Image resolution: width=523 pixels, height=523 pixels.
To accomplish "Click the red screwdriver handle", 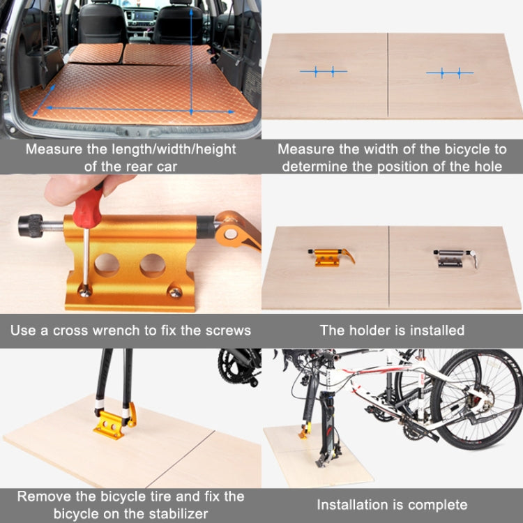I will pos(89,206).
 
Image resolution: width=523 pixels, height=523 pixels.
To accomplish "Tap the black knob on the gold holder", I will pos(31,226).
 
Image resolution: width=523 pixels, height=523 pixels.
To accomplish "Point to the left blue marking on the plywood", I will pos(324,71).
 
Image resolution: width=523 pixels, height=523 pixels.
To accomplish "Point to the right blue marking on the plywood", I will pos(450,73).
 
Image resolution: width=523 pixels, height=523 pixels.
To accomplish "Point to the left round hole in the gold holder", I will pos(107,264).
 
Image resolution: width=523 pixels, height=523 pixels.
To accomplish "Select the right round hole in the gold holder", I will pos(152,265).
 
